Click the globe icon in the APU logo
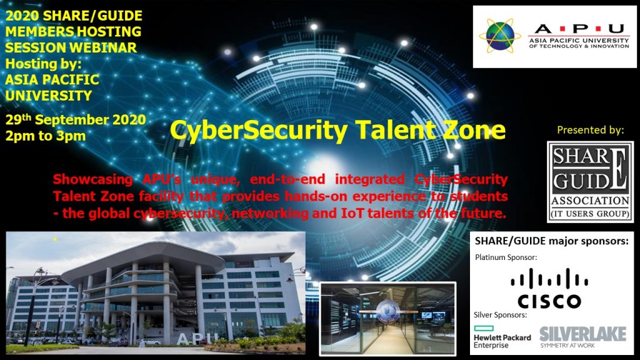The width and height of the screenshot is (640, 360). coord(500,36)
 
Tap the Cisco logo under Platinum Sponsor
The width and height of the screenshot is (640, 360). coord(549,288)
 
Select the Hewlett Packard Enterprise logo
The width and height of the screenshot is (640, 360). coord(502,337)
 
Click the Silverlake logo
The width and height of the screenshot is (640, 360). coord(582,337)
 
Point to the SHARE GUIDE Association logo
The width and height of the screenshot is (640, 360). coord(590,182)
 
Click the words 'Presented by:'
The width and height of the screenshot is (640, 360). coord(590,130)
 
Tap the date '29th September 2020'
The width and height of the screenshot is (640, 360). coord(76,119)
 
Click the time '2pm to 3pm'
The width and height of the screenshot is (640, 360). coord(45,136)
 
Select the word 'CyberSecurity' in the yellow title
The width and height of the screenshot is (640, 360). coord(259,131)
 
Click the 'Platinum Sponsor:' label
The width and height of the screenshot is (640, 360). coord(506,257)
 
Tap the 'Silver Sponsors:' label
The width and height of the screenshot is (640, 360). coord(501,315)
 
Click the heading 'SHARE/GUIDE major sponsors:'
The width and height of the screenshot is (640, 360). coord(551,241)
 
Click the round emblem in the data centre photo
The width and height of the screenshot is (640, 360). coord(387,311)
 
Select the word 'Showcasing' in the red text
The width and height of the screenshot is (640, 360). coord(92,179)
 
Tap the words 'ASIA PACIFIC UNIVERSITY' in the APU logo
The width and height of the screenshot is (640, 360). coord(579,41)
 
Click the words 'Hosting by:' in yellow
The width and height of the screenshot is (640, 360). coord(43,64)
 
